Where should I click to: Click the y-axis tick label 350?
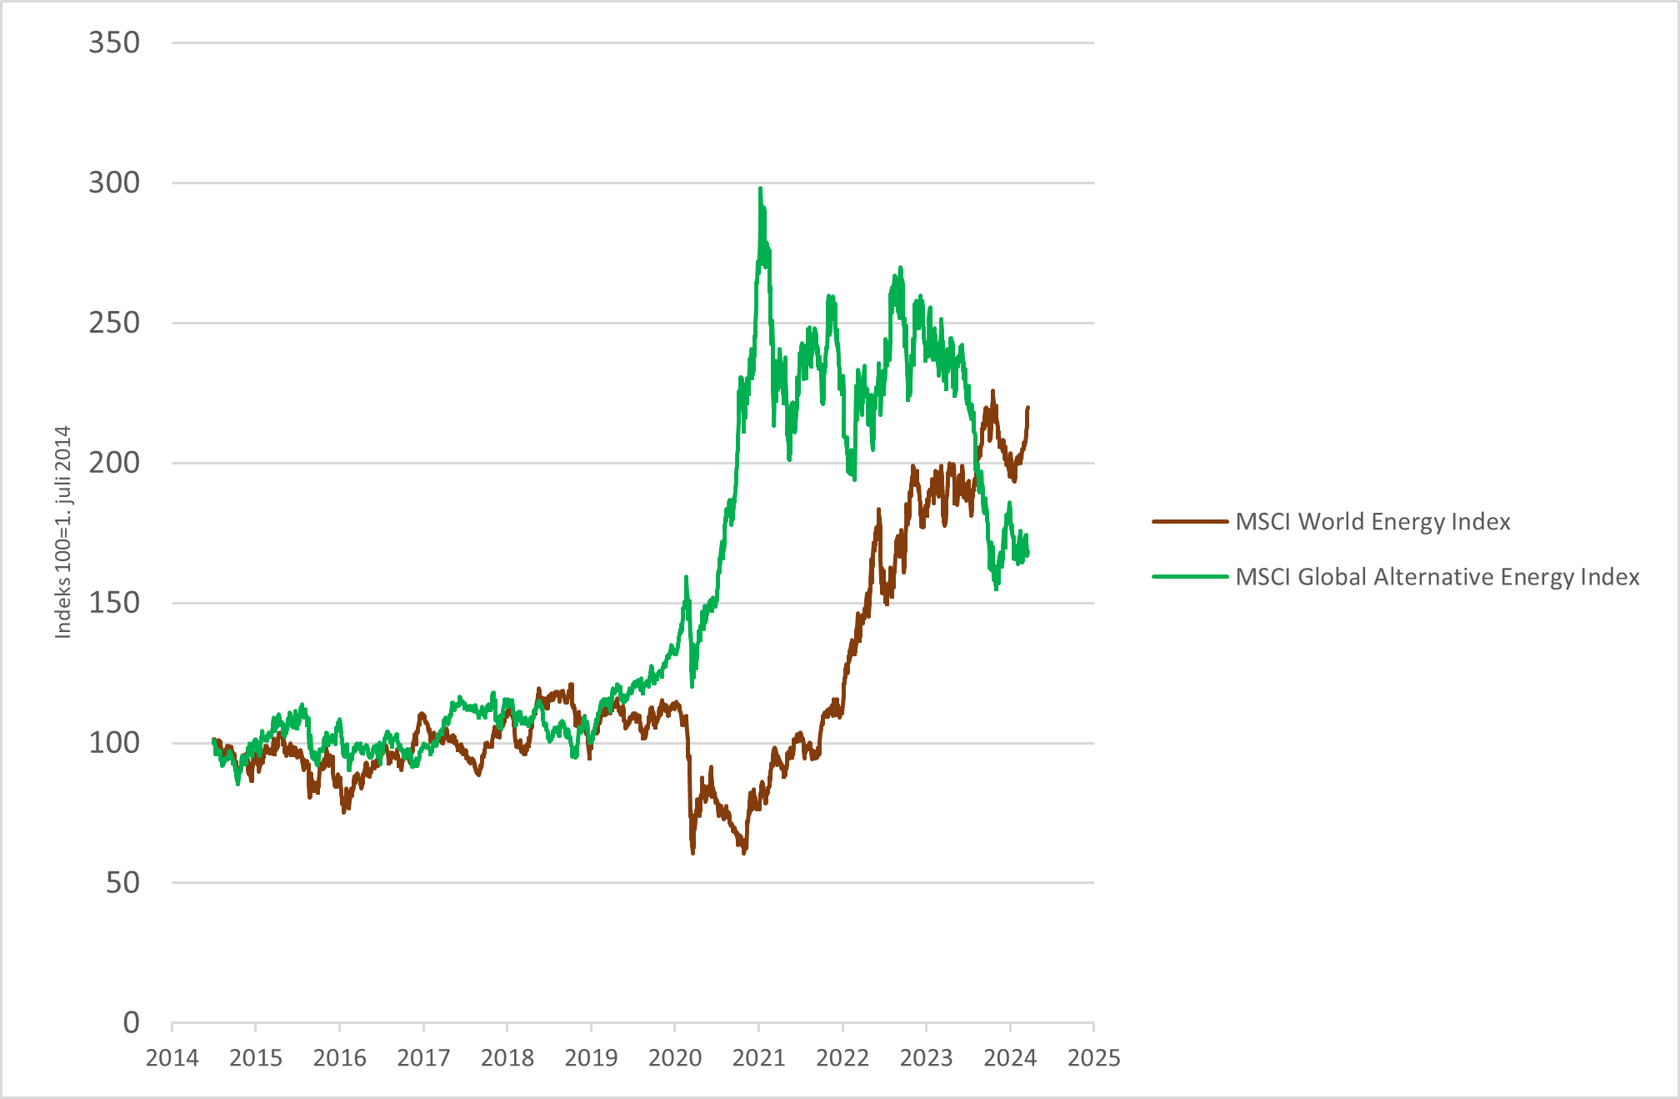(x=114, y=43)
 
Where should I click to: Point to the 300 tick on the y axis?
(x=114, y=183)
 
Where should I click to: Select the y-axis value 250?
(x=114, y=323)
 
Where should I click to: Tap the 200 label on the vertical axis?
(x=114, y=463)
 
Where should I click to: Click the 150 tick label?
(x=114, y=603)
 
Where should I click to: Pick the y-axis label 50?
(x=122, y=883)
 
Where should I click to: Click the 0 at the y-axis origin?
(x=131, y=1022)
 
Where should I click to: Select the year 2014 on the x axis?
(x=172, y=1058)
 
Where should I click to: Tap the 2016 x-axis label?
(x=340, y=1058)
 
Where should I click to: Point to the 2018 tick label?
(x=507, y=1058)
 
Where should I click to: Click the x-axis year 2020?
(x=675, y=1058)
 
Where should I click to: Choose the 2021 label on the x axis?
(x=759, y=1058)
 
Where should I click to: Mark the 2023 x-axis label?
(x=927, y=1058)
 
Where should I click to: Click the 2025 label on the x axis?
(x=1094, y=1058)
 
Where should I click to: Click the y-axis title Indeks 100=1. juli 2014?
(x=63, y=533)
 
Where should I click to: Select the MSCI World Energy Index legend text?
(x=1372, y=522)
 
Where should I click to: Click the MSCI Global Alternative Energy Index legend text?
(x=1437, y=577)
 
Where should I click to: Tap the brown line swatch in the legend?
(x=1190, y=522)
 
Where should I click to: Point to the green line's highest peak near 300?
(x=760, y=189)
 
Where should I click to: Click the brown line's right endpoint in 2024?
(x=1027, y=408)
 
